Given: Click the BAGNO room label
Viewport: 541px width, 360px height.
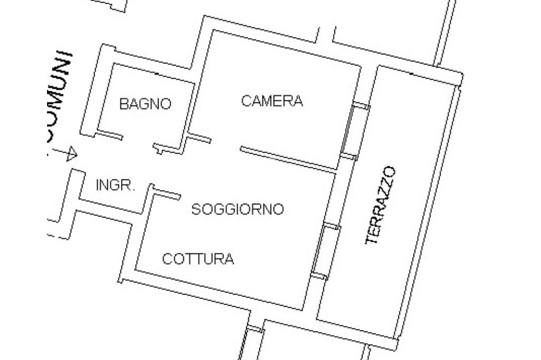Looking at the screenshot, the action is [145, 104].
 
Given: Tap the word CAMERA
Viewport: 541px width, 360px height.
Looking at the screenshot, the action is [272, 101].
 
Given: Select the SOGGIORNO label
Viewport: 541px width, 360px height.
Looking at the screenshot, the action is [237, 210].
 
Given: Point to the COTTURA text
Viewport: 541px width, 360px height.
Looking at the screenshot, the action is [198, 259].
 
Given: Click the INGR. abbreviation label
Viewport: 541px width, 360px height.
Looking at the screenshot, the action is [116, 185].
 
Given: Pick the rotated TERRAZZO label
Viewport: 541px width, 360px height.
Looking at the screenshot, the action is [381, 205].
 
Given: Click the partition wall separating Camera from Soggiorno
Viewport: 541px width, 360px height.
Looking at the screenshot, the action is [288, 159].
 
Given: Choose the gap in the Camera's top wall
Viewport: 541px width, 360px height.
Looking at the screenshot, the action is [327, 36].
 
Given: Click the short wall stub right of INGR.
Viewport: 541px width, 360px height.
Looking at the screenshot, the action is [166, 194].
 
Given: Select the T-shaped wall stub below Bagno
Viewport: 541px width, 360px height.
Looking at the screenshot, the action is [161, 148].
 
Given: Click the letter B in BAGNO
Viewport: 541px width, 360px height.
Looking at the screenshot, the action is [124, 104].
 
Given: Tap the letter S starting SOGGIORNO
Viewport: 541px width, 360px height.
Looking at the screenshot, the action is [195, 210].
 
